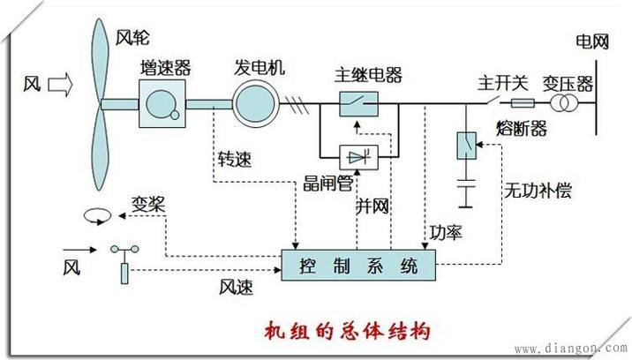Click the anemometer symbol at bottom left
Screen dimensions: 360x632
124,265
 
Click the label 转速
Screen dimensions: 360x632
233,161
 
